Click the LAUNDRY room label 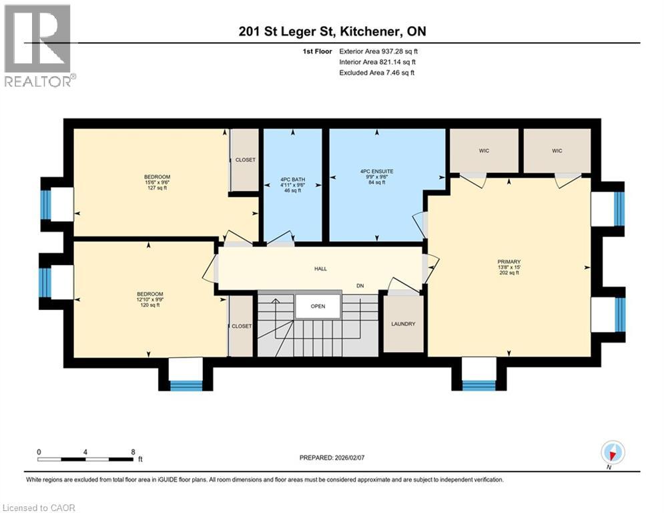click(x=403, y=324)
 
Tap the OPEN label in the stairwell click(x=318, y=307)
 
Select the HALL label click(x=320, y=269)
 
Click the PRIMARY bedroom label click(x=509, y=262)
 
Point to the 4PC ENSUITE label click(x=376, y=171)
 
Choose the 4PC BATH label click(x=290, y=180)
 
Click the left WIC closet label click(x=484, y=151)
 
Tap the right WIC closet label click(x=557, y=151)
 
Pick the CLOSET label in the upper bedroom click(x=245, y=160)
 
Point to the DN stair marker click(x=360, y=286)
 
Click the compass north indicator click(x=612, y=453)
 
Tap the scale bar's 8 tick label click(x=133, y=452)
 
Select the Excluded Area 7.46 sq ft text click(x=377, y=73)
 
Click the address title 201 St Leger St click(x=332, y=31)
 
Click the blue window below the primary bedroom click(x=479, y=385)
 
